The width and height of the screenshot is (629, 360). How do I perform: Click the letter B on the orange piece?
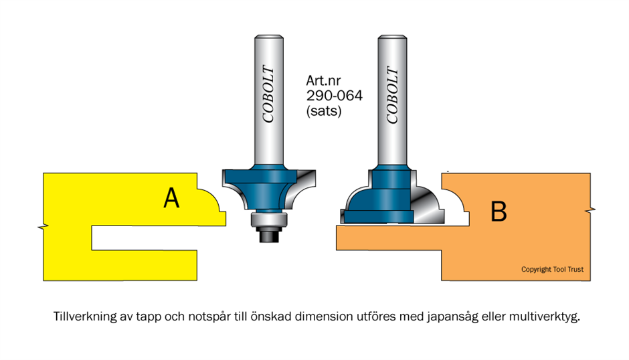point(499,211)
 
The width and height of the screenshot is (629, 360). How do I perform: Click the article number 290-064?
point(334,96)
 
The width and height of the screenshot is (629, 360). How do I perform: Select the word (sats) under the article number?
point(324,112)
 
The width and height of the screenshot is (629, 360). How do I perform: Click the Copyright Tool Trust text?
point(552,270)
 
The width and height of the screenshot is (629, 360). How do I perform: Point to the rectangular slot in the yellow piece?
point(144,239)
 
